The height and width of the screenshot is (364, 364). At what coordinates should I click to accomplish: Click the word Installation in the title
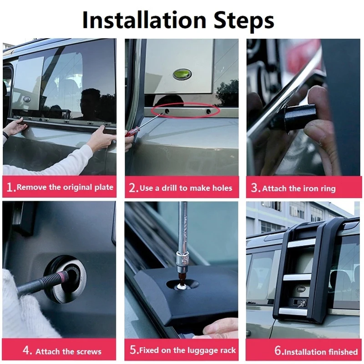144,20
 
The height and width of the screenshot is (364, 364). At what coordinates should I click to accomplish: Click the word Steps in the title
244,21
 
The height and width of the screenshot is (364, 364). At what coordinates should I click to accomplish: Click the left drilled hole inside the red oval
167,111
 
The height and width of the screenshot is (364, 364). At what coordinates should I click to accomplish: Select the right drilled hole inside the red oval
208,111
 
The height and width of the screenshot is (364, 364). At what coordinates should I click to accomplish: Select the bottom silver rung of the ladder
293,312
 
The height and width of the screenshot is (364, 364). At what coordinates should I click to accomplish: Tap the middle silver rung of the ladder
298,277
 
